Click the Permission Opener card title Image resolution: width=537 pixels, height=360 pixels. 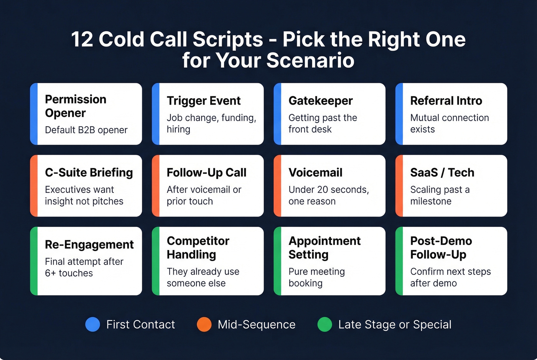pos(76,106)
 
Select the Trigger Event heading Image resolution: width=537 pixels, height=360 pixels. pos(204,100)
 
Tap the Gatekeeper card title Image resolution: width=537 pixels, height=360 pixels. pos(320,100)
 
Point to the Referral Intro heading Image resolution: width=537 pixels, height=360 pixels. pos(446,100)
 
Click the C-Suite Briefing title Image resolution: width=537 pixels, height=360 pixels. pos(89,173)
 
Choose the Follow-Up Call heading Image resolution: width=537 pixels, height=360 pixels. pos(206,173)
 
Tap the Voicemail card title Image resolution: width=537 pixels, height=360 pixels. pos(315,173)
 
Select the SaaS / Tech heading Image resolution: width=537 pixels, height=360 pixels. pos(442,173)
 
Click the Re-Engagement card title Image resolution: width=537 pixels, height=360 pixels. pos(89,245)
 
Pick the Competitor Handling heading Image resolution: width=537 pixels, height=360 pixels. pos(198,248)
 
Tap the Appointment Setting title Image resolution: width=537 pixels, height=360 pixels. pos(324,248)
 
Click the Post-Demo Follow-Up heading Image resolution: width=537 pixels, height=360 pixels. pos(441,248)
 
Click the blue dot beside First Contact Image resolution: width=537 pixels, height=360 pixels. pos(92,324)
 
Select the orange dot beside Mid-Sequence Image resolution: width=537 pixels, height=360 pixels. pos(204,324)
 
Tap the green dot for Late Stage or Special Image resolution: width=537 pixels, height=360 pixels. pos(325,324)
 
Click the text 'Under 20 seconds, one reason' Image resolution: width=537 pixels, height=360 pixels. pos(328,196)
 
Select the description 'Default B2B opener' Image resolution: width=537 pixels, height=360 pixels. pos(86,130)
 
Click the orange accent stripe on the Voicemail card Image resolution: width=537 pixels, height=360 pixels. pos(277,186)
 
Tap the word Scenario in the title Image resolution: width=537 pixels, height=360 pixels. pos(310,61)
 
